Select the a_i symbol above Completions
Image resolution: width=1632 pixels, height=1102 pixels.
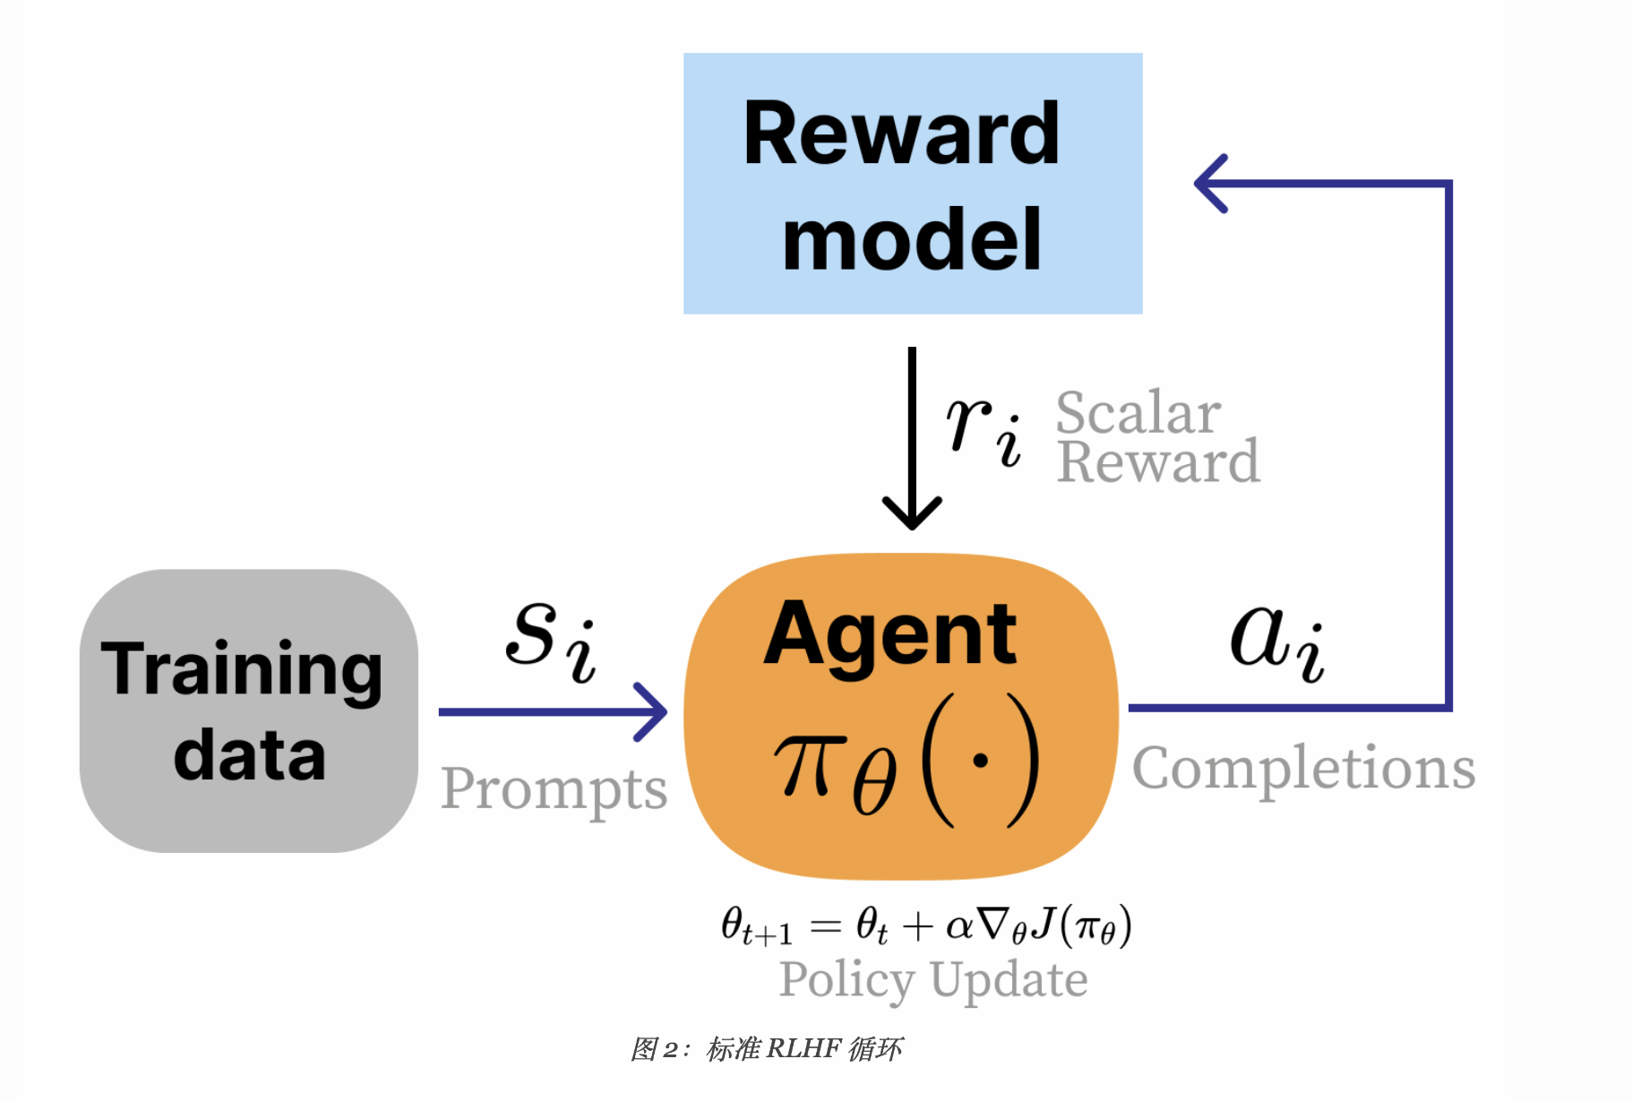(x=1276, y=641)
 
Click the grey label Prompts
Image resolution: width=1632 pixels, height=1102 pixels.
(x=554, y=789)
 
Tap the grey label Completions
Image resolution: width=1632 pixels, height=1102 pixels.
(x=1303, y=769)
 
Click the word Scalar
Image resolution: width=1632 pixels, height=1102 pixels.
(x=1138, y=412)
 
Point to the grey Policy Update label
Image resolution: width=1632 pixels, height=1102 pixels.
(x=933, y=979)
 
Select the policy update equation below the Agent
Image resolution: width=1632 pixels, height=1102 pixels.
(x=926, y=926)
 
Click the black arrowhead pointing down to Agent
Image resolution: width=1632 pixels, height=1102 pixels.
(x=912, y=515)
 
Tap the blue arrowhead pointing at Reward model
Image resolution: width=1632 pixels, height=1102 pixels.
(x=1209, y=184)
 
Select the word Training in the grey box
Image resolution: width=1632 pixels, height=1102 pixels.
(x=242, y=670)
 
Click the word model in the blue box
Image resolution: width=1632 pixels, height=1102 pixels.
(x=911, y=240)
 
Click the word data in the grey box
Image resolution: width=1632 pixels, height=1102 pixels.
(x=249, y=755)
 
